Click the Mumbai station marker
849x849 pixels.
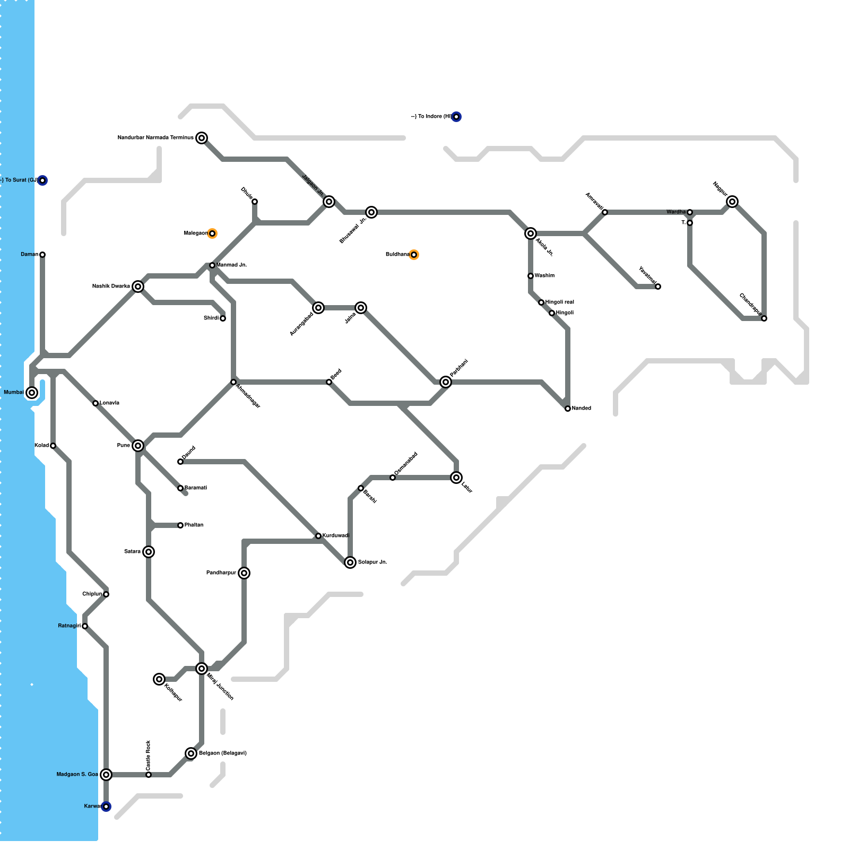(x=32, y=393)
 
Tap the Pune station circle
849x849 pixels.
(x=138, y=446)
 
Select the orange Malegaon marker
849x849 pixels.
(x=212, y=233)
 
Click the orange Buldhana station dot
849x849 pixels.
(x=414, y=255)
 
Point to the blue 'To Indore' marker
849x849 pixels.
(x=456, y=117)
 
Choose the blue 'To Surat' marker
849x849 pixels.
(x=42, y=180)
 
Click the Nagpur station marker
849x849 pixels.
(x=732, y=202)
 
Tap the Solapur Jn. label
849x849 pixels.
(x=372, y=562)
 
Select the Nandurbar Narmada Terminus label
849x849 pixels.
(x=155, y=138)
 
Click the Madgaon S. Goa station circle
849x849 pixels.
(x=106, y=775)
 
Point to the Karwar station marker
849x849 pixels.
(x=106, y=807)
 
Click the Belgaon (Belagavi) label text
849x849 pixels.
(x=222, y=753)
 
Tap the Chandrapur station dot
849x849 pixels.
(x=764, y=318)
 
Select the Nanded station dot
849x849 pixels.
(x=568, y=409)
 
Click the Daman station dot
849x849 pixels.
(x=42, y=255)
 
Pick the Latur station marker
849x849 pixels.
(x=456, y=478)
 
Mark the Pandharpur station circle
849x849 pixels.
(x=244, y=573)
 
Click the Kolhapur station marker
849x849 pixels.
(x=159, y=679)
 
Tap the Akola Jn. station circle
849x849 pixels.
(x=531, y=233)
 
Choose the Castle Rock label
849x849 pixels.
(x=148, y=755)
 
